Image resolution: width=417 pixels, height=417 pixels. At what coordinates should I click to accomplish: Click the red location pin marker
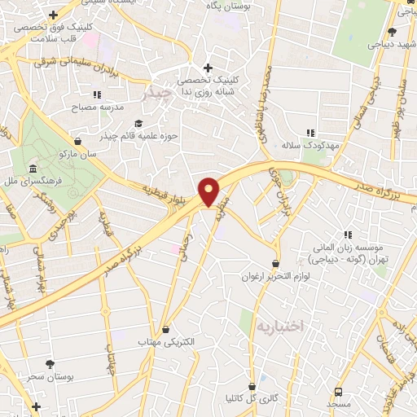(209, 192)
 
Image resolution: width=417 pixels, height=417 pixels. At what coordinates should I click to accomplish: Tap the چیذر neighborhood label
(156, 94)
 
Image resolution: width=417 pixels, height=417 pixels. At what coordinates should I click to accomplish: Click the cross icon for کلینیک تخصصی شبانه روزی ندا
(208, 68)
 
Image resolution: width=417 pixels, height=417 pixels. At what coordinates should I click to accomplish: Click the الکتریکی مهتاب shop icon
(167, 329)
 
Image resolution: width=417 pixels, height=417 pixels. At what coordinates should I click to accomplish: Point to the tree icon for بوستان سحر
(51, 364)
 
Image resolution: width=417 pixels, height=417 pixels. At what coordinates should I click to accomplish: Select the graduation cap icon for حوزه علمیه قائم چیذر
(138, 123)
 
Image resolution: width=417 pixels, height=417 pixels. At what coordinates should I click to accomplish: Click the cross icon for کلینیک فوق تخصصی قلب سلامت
(53, 14)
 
